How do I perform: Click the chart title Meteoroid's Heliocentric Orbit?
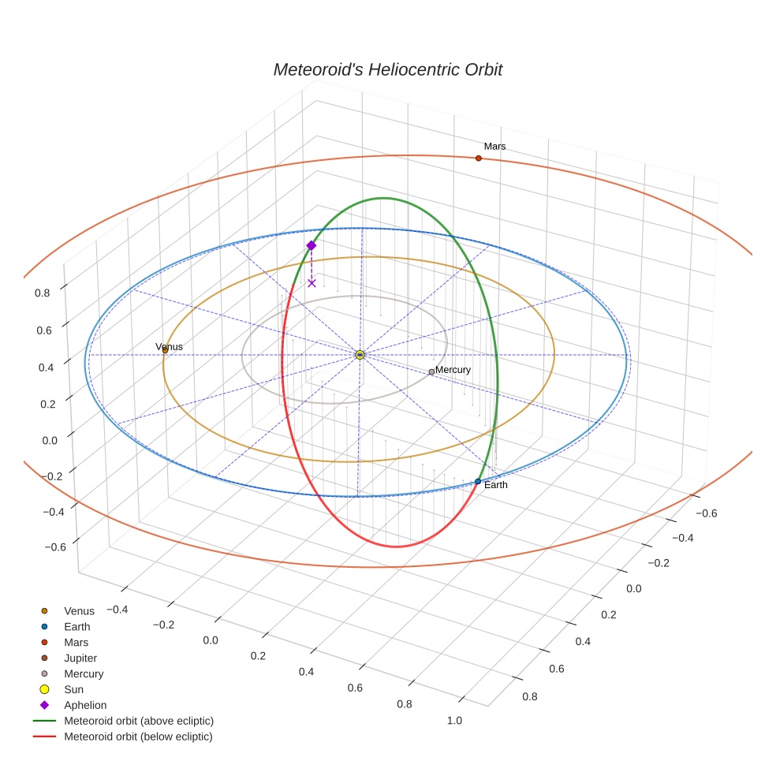tap(387, 69)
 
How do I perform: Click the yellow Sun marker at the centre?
tap(360, 355)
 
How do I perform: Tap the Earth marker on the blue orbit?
tap(478, 481)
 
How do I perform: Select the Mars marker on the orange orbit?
tap(479, 159)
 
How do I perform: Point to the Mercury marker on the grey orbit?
tap(431, 371)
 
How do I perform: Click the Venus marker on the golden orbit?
tap(165, 349)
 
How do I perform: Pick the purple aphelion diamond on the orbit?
tap(312, 245)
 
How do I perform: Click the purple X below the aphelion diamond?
tap(312, 282)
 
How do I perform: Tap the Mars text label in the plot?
tap(495, 147)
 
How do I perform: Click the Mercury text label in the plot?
tap(453, 370)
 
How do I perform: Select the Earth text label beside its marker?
tap(496, 485)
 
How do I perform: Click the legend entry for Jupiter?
tap(80, 658)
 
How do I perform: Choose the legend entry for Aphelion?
tap(85, 705)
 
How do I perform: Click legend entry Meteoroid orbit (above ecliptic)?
tap(139, 721)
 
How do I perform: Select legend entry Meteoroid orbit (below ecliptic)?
tap(139, 737)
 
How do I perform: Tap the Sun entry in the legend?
tap(73, 689)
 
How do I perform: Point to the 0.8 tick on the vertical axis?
tap(43, 292)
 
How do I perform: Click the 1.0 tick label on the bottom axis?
tap(454, 720)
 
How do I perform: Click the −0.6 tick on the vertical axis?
tap(54, 547)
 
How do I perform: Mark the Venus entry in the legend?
tap(79, 610)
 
